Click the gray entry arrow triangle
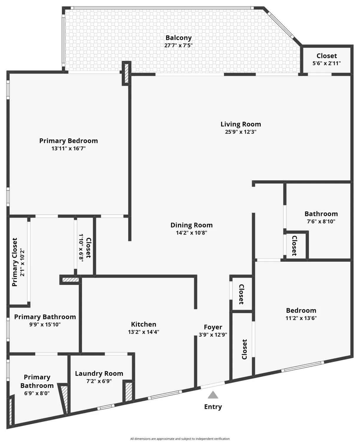[x=213, y=395]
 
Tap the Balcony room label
[x=179, y=38]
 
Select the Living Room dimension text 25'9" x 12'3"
[x=241, y=132]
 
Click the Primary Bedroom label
[x=69, y=141]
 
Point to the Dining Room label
[x=191, y=225]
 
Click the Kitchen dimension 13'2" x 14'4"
[x=143, y=332]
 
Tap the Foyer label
[x=213, y=327]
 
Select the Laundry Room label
[x=99, y=373]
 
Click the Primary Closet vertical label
[x=15, y=262]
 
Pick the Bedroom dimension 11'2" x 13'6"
[x=301, y=318]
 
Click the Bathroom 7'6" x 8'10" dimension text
[x=321, y=221]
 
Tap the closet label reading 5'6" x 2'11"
[x=326, y=63]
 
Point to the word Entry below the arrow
[x=213, y=407]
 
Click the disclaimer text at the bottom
[x=180, y=439]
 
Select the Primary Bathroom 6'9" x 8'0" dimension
[x=37, y=393]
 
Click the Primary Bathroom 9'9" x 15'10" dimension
[x=45, y=324]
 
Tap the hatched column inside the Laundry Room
[x=129, y=392]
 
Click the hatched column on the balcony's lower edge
[x=126, y=73]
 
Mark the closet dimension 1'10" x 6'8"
[x=81, y=247]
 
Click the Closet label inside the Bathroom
[x=294, y=245]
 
